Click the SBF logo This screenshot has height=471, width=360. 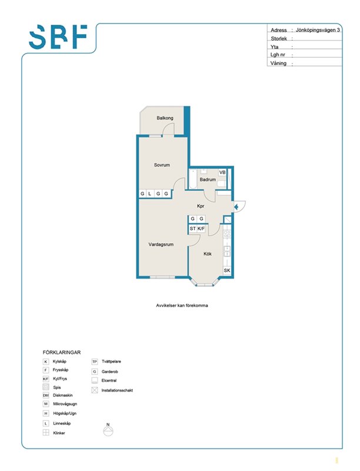58,37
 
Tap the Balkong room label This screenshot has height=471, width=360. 165,118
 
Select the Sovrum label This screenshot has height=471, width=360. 162,165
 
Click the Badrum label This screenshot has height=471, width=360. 208,180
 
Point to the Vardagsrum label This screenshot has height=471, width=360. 161,244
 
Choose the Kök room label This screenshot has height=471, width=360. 208,254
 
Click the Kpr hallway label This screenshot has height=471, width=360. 201,206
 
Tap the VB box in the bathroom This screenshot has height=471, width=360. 222,173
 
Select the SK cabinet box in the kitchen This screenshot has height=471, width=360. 227,270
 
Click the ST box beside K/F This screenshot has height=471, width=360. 192,228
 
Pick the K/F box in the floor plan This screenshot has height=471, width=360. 201,228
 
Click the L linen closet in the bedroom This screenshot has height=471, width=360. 150,194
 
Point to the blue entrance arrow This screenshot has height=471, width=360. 236,207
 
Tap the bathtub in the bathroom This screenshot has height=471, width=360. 193,180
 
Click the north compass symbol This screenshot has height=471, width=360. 108,430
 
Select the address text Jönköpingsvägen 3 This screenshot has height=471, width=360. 318,30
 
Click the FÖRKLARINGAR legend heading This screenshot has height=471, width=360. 62,352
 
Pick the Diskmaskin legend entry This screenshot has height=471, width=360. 58,395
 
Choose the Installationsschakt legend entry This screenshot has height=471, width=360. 112,390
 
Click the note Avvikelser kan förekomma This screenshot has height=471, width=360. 182,306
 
